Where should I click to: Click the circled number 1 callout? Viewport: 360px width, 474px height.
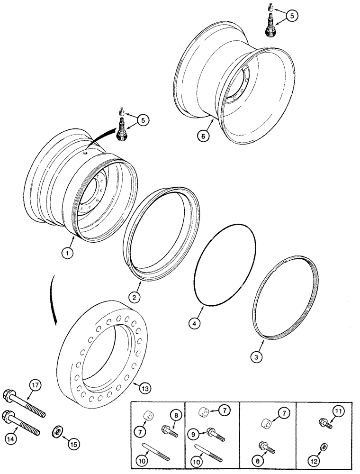[x=69, y=254]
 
